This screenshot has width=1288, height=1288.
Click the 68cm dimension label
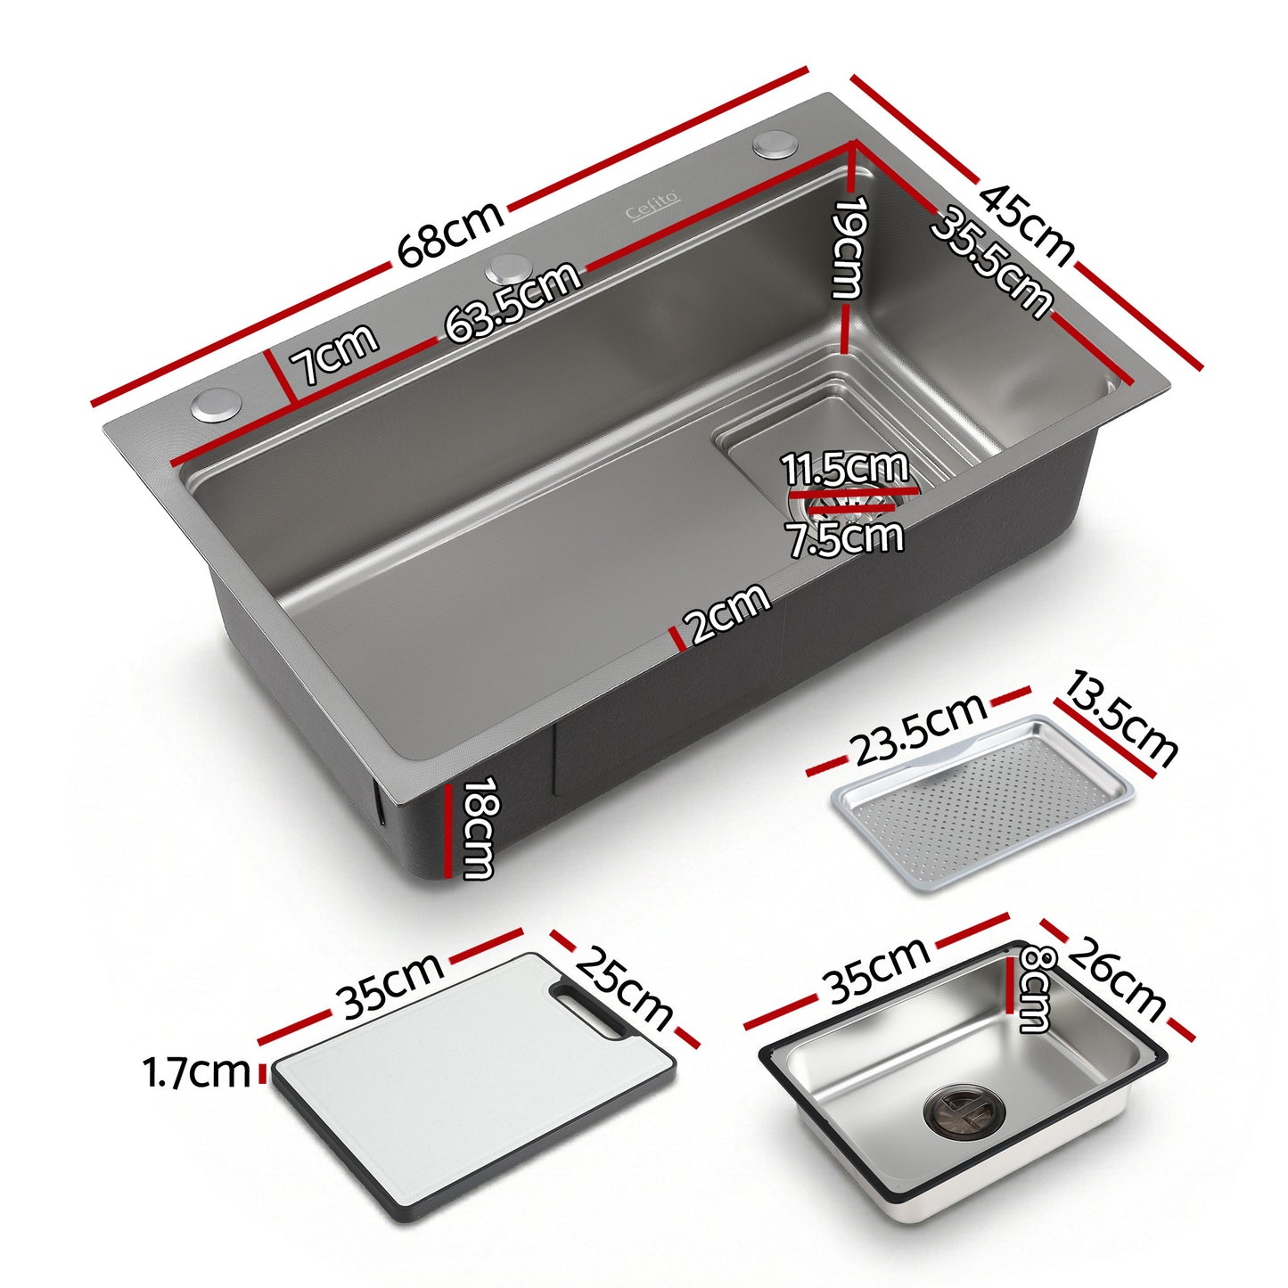click(x=450, y=234)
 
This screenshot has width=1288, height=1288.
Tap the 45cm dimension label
click(x=1026, y=224)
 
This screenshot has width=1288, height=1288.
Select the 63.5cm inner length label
click(x=513, y=303)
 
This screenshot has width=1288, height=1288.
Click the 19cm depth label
click(x=848, y=248)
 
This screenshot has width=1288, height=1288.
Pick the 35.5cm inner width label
click(x=990, y=262)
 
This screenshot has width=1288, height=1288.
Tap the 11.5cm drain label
click(x=844, y=468)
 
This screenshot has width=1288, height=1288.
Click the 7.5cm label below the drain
click(x=845, y=537)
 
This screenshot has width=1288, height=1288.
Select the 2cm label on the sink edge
click(x=728, y=612)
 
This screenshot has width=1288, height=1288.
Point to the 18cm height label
click(x=477, y=828)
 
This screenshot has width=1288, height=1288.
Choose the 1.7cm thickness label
click(x=197, y=1072)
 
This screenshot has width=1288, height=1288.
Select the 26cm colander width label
click(x=1116, y=980)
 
